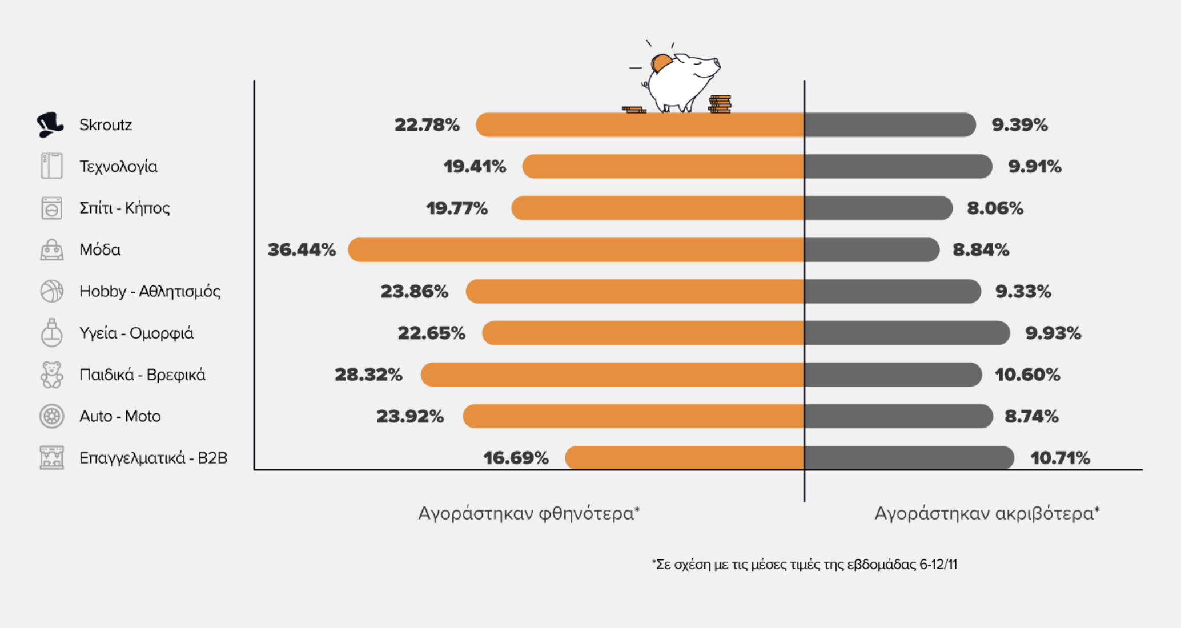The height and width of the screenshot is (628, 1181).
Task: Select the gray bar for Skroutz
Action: pyautogui.click(x=890, y=125)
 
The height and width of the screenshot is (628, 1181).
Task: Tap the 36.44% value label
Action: pyautogui.click(x=302, y=250)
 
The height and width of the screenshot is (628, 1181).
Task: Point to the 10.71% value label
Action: pyautogui.click(x=1060, y=458)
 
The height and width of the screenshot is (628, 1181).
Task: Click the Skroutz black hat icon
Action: pyautogui.click(x=50, y=124)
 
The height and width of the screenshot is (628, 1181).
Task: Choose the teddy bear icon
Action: pyautogui.click(x=51, y=375)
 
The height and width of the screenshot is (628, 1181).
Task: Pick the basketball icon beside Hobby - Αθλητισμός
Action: pyautogui.click(x=51, y=291)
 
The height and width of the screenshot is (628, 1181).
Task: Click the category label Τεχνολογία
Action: pyautogui.click(x=118, y=167)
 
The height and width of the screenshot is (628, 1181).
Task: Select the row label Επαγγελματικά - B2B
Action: pyautogui.click(x=153, y=458)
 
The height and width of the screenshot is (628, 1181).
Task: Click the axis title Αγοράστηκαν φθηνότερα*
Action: pyautogui.click(x=529, y=513)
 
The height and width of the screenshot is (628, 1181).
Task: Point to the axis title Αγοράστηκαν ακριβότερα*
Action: pyautogui.click(x=987, y=513)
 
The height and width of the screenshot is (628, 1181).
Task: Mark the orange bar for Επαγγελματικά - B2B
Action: pyautogui.click(x=684, y=458)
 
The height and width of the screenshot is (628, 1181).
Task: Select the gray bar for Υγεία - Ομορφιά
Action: pyautogui.click(x=907, y=333)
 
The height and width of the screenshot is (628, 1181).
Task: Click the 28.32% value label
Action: pyautogui.click(x=368, y=375)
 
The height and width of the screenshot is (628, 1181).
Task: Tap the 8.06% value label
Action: pyautogui.click(x=995, y=208)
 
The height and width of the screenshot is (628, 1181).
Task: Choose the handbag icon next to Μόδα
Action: pyautogui.click(x=51, y=250)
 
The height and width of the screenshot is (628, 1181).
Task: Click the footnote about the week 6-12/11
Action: pyautogui.click(x=804, y=565)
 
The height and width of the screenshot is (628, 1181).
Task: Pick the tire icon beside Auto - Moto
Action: pyautogui.click(x=51, y=416)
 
